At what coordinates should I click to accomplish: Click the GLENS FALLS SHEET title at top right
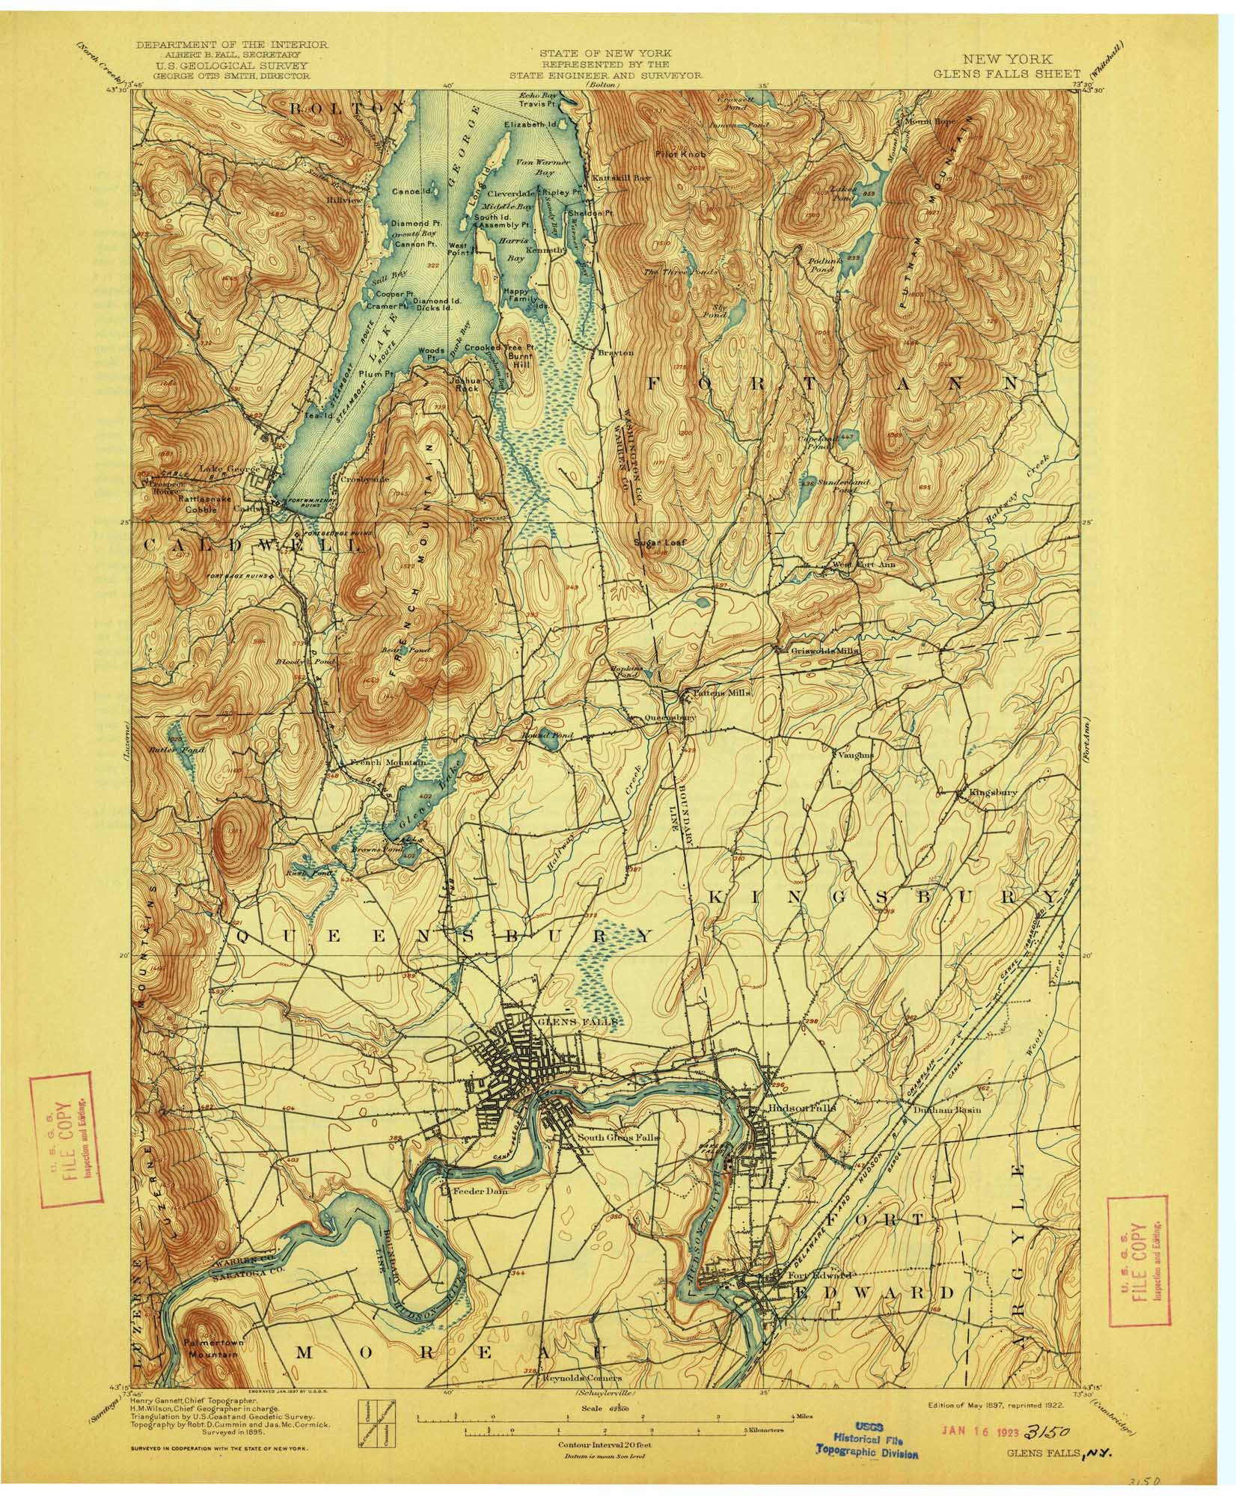tap(1006, 73)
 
